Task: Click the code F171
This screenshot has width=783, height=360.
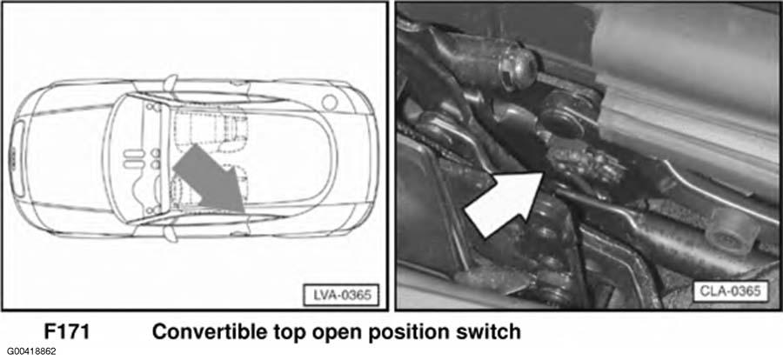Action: click(x=67, y=331)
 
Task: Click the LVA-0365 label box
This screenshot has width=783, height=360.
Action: click(x=342, y=295)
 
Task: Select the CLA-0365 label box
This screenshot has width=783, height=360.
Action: click(x=730, y=290)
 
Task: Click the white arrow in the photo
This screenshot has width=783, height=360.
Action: click(x=505, y=203)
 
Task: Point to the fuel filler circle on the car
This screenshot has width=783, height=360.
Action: click(x=330, y=103)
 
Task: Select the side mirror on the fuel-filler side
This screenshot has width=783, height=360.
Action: click(x=171, y=82)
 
